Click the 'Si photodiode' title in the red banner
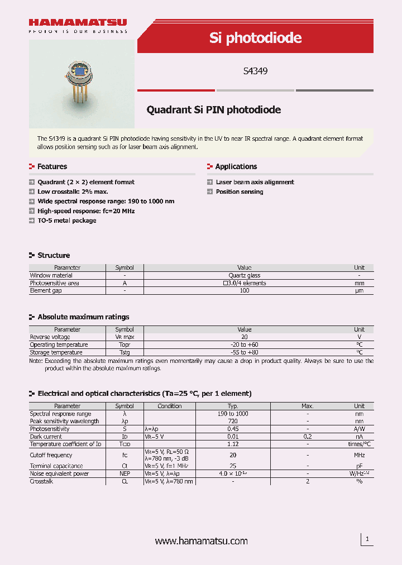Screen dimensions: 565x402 (255, 37)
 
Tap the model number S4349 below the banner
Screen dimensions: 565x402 (255, 71)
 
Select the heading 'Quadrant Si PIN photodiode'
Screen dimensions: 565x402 (213, 110)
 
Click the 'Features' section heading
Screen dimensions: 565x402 (52, 166)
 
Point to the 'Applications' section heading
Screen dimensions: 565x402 (236, 166)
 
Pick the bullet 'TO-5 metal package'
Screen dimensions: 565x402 (66, 221)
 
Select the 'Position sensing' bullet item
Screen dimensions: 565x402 (240, 191)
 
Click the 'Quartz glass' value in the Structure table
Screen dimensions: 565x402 (245, 275)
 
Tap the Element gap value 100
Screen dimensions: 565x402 (245, 291)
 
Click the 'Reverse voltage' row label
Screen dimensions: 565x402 (50, 337)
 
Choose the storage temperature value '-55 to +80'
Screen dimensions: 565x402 (245, 352)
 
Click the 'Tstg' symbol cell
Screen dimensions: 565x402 (124, 352)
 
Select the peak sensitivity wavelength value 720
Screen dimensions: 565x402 (233, 421)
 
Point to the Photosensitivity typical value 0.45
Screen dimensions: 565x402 (233, 429)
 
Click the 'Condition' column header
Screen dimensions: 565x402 (170, 406)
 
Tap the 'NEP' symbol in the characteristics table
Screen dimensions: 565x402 (124, 473)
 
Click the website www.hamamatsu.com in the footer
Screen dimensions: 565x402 (201, 541)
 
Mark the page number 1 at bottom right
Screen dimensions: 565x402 (367, 539)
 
